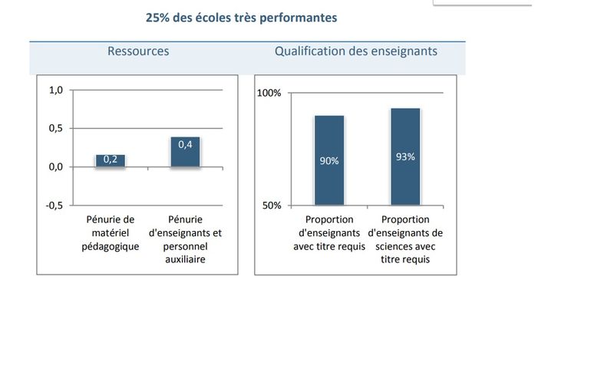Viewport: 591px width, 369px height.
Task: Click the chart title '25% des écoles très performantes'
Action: tap(241, 17)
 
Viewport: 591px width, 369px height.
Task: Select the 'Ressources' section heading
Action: tap(138, 51)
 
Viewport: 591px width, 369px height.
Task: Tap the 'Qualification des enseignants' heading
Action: tap(356, 51)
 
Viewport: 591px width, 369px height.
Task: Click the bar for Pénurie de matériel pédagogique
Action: tap(110, 161)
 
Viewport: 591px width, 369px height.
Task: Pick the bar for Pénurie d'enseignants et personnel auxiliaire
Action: tap(185, 153)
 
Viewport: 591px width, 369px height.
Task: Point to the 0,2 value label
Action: tap(111, 160)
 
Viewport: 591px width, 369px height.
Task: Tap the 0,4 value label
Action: tap(185, 144)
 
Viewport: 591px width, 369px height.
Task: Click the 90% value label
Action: tap(329, 160)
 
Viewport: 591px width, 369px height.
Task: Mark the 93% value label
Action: tap(405, 156)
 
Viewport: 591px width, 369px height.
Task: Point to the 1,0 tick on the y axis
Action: tap(55, 90)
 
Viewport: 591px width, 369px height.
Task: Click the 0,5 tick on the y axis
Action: tap(55, 128)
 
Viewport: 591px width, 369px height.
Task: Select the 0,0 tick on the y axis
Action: tap(55, 166)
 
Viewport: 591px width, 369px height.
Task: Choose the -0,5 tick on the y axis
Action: tap(54, 205)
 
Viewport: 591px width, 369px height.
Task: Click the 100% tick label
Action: tap(269, 93)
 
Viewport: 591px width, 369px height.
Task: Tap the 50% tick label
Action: tap(272, 205)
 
